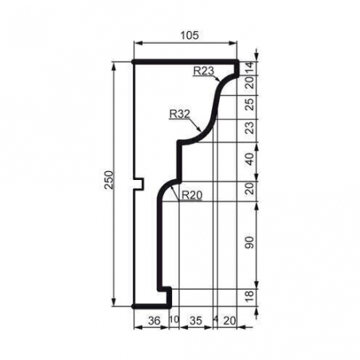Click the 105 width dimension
[x=189, y=36]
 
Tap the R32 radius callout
[x=180, y=114]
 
